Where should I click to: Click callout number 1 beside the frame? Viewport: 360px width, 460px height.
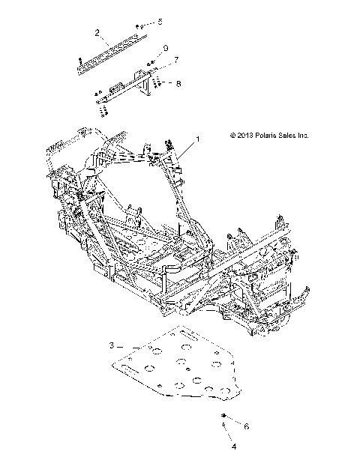tap(177, 139)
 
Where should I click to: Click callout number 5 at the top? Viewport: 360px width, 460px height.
tap(158, 22)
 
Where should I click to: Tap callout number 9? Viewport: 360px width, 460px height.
tap(166, 49)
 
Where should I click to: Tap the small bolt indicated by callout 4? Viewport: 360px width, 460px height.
tap(224, 427)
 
